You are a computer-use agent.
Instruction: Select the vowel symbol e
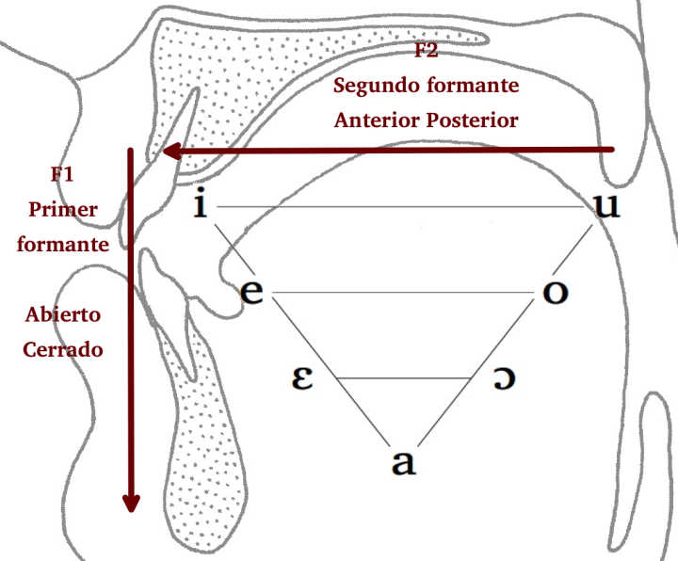point(251,292)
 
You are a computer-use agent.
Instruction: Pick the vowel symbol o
point(556,292)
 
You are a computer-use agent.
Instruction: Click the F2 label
point(427,51)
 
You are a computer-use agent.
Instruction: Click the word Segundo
point(372,86)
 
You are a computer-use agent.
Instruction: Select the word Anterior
point(377,120)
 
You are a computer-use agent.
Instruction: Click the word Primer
point(63,209)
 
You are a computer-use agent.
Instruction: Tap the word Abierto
point(63,313)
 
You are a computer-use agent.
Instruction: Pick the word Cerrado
point(63,348)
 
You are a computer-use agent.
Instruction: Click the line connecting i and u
point(400,206)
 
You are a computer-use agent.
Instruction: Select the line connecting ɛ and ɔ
point(403,377)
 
